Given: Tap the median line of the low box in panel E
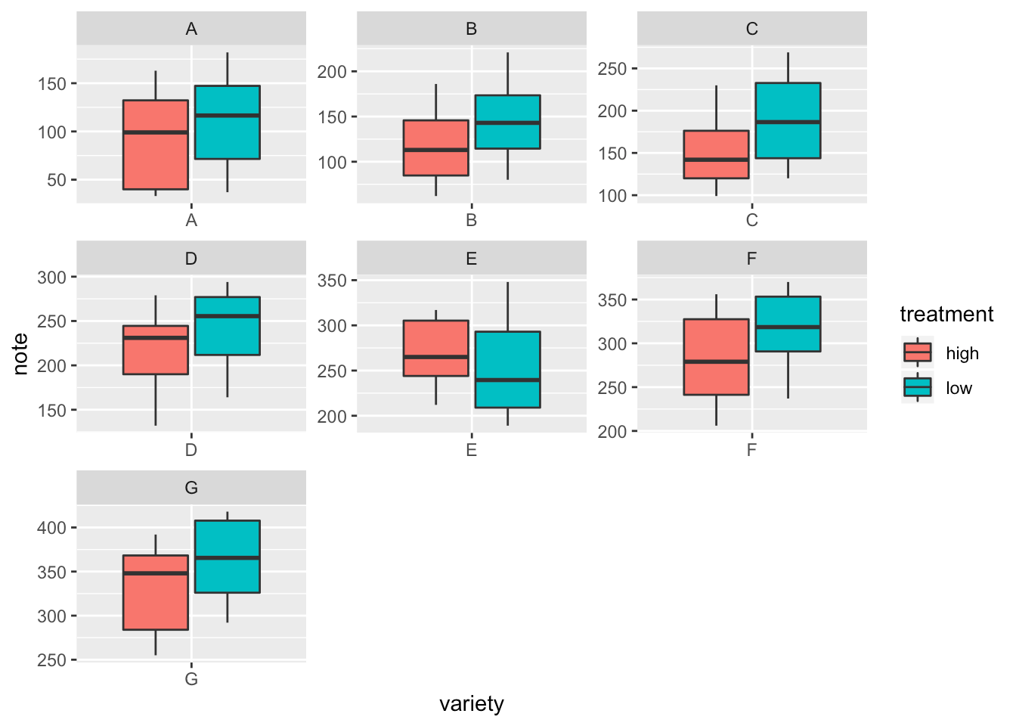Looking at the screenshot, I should pos(507,380).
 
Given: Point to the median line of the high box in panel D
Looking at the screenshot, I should pos(156,338).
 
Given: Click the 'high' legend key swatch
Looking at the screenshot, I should pos(918,352).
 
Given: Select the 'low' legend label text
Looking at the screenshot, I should pos(959,389).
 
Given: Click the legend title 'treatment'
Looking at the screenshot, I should pos(946,315).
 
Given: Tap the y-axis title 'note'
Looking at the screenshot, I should pos(21,354).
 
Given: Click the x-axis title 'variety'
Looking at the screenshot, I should pos(471,704).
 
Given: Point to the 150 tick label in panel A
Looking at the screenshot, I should pos(52,84).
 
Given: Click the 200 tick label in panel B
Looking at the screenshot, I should pos(332,72).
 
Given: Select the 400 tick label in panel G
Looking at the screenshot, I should pos(52,528).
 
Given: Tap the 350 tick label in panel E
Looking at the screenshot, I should pos(332,281).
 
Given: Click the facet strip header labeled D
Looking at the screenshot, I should pos(191,259).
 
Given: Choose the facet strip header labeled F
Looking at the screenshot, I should pos(751,259).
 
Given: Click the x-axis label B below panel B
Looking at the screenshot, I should pos(471,221).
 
